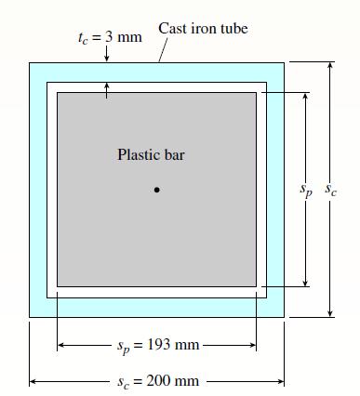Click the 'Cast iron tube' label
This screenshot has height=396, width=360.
tap(203, 29)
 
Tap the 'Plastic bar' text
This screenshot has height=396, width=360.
tap(151, 154)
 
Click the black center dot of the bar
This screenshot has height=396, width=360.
tap(157, 191)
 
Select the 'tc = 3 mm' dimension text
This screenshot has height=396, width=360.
tap(110, 37)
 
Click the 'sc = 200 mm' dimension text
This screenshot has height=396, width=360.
tap(160, 381)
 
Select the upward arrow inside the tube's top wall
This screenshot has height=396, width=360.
tap(107, 87)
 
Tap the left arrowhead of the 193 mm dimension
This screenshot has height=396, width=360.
tap(61, 346)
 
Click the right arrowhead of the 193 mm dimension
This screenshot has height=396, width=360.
tap(252, 346)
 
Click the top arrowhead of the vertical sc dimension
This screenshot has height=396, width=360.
tap(330, 66)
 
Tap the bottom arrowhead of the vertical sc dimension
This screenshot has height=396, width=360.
tap(330, 313)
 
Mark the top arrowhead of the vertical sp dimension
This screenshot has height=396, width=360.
tap(305, 96)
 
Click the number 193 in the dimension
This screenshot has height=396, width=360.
tap(160, 346)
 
